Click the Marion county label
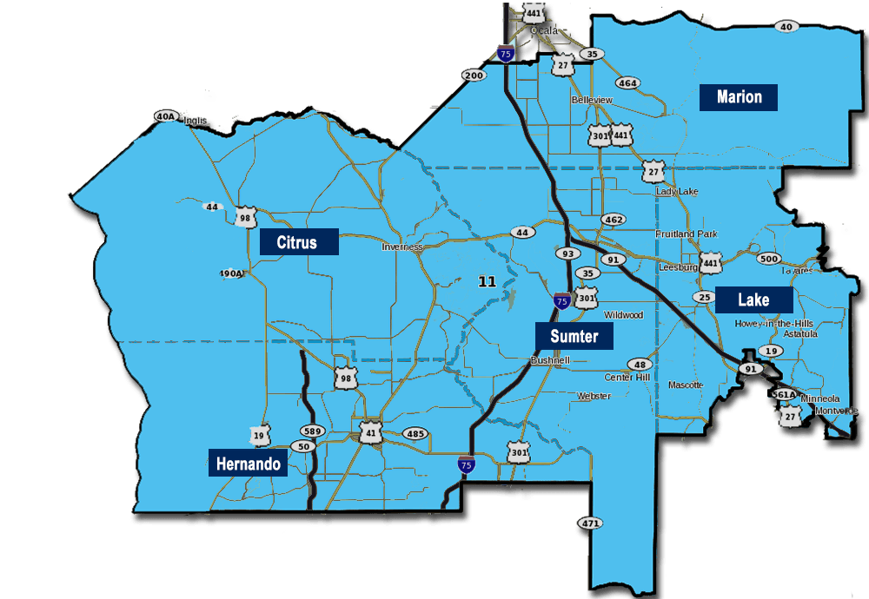[x=739, y=96]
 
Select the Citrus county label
[x=299, y=241]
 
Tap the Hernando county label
[x=248, y=464]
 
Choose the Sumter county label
[x=574, y=336]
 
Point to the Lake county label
[x=753, y=300]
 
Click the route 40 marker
[x=786, y=27]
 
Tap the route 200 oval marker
[x=474, y=76]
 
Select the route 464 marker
[x=627, y=83]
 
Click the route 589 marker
[x=312, y=431]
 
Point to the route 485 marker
[x=415, y=433]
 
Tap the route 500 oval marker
[x=768, y=259]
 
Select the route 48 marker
[x=640, y=365]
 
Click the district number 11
[x=487, y=281]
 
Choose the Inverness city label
[x=402, y=247]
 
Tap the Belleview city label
[x=592, y=100]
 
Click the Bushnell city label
[x=549, y=359]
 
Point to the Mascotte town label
[x=686, y=385]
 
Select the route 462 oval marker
[x=614, y=221]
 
